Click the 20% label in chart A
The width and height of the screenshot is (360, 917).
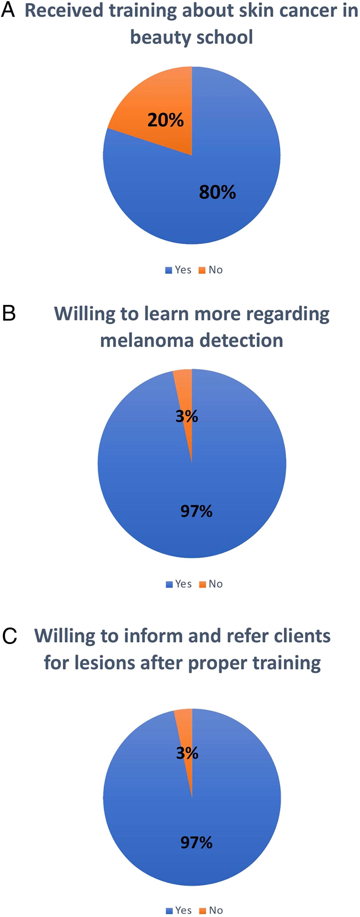pyautogui.click(x=166, y=120)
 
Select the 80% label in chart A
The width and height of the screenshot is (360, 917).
pyautogui.click(x=217, y=192)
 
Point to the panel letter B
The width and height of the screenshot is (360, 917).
pyautogui.click(x=9, y=313)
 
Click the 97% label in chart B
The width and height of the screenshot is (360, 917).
pyautogui.click(x=196, y=511)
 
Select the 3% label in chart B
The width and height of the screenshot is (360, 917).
pyautogui.click(x=187, y=416)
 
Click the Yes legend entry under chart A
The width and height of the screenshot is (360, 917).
pyautogui.click(x=178, y=270)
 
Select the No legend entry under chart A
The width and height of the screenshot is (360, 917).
pyautogui.click(x=211, y=270)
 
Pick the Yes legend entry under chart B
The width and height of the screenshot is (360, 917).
pyautogui.click(x=179, y=584)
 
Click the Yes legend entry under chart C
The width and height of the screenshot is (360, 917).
pyautogui.click(x=179, y=910)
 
